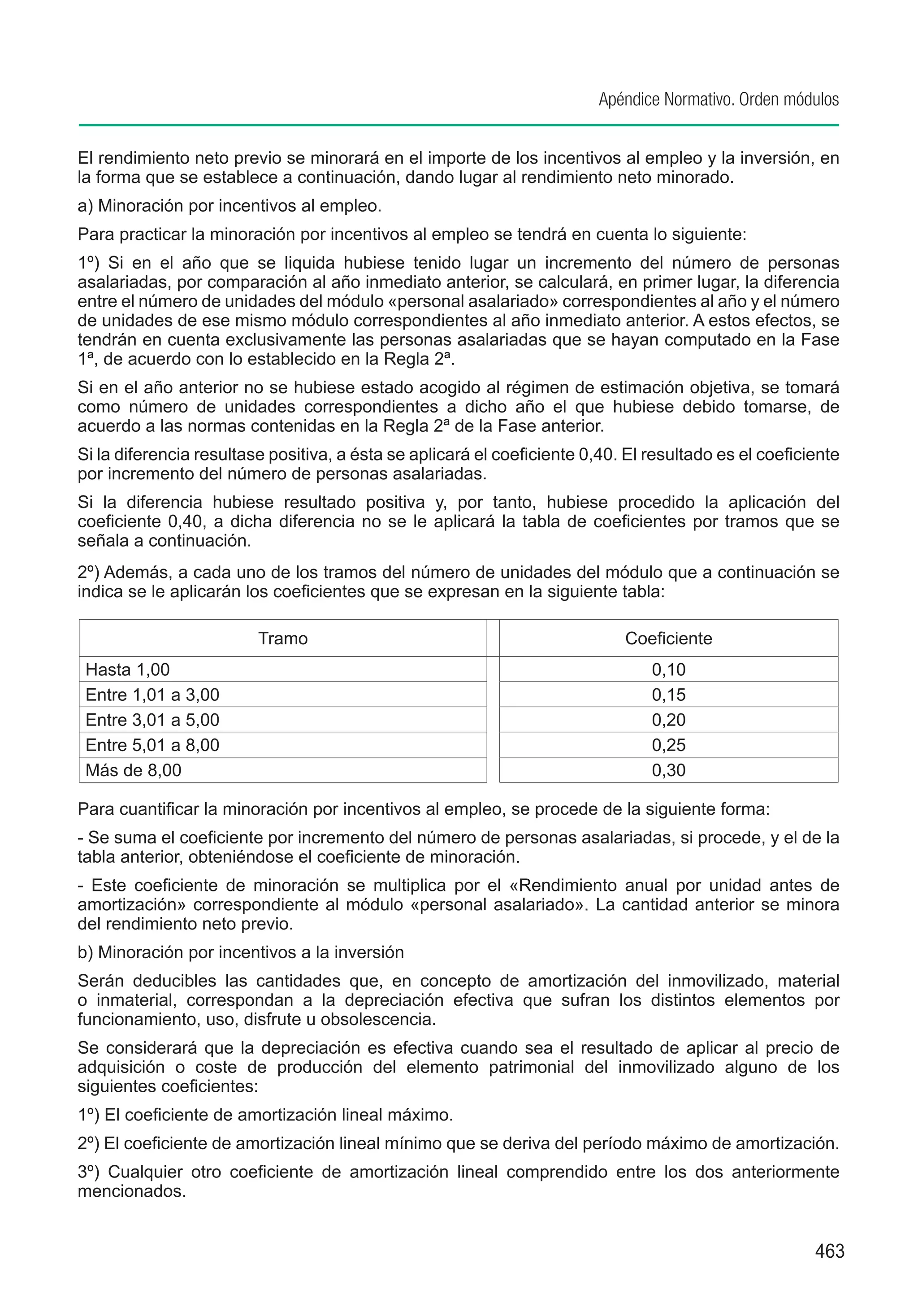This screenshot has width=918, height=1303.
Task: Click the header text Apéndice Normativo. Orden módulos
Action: (718, 100)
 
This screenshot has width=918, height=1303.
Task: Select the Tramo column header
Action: (282, 638)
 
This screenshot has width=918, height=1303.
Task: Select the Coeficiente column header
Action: (668, 638)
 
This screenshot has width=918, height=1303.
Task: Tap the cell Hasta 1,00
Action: (128, 670)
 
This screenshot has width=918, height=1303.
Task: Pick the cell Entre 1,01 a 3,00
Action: (152, 695)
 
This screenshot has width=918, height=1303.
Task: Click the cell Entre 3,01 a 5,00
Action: (152, 720)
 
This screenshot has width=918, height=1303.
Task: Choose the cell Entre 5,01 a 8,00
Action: (152, 745)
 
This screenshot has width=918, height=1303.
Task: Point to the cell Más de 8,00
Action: (133, 770)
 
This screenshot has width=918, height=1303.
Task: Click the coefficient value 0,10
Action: (668, 670)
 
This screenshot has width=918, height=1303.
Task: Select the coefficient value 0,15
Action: (668, 695)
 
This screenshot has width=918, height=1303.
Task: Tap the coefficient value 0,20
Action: (668, 720)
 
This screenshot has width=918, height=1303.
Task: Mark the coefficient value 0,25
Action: (668, 745)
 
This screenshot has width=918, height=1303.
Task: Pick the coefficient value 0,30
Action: (668, 770)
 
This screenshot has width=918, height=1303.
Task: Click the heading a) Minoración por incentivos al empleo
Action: (229, 205)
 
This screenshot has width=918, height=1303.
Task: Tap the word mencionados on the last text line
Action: (132, 1191)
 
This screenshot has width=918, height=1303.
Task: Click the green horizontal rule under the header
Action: (459, 125)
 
